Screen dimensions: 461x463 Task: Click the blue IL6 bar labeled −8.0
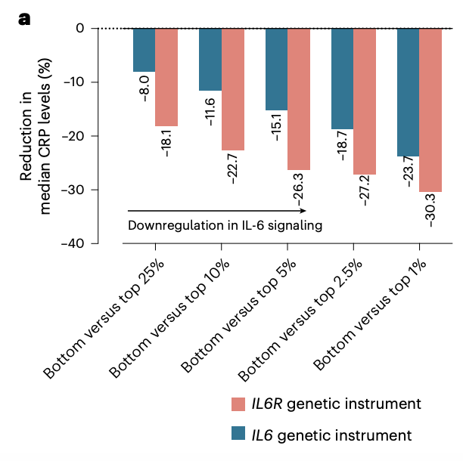pyautogui.click(x=144, y=50)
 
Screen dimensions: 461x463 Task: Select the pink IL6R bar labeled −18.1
pyautogui.click(x=166, y=77)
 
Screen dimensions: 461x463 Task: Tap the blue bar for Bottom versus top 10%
pyautogui.click(x=210, y=60)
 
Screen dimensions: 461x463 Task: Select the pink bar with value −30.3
pyautogui.click(x=430, y=110)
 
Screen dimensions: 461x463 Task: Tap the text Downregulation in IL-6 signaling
pyautogui.click(x=225, y=225)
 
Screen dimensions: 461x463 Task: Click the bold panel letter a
pyautogui.click(x=24, y=18)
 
